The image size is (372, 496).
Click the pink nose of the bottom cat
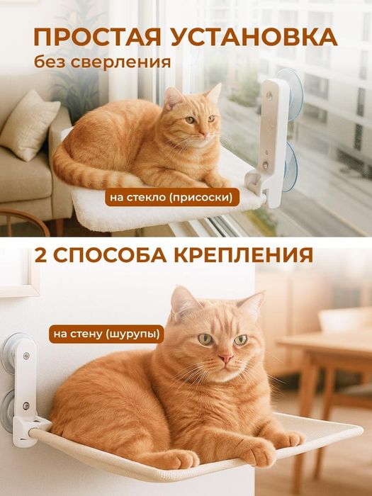tap(225, 360)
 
